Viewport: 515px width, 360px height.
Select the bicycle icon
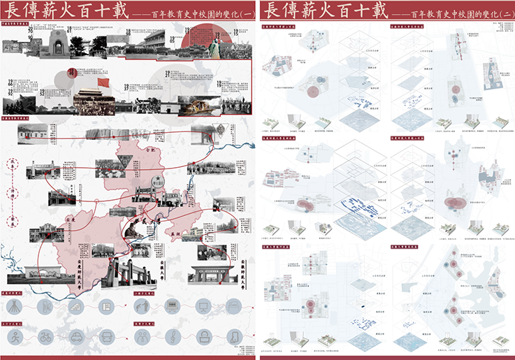tap(46, 336)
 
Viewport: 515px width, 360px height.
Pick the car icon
tap(78, 336)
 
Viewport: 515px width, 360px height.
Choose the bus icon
tap(108, 336)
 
